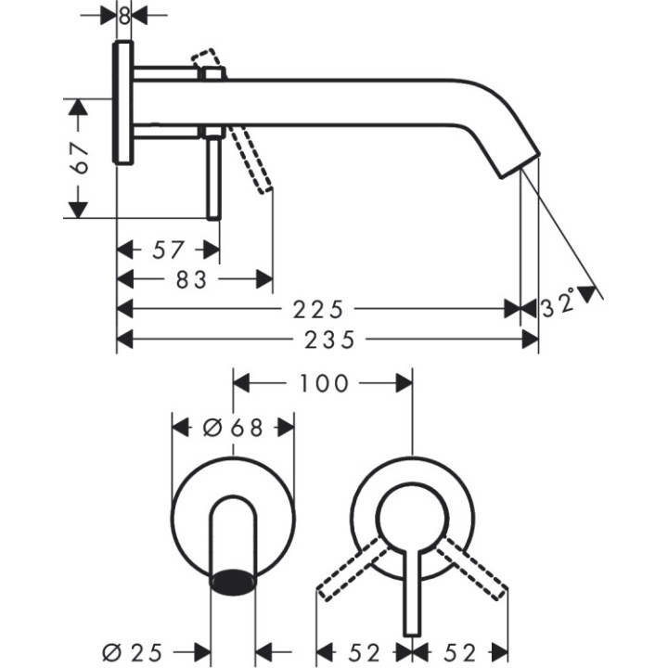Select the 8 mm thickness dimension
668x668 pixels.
click(x=124, y=16)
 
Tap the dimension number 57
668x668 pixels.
click(x=168, y=250)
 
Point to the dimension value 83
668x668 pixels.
click(x=193, y=278)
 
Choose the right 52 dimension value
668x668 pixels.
click(x=461, y=652)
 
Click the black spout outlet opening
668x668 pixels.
click(x=234, y=582)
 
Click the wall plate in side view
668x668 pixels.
click(x=123, y=103)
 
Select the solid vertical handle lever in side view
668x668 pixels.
click(x=213, y=176)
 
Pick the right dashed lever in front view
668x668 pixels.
click(x=473, y=568)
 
